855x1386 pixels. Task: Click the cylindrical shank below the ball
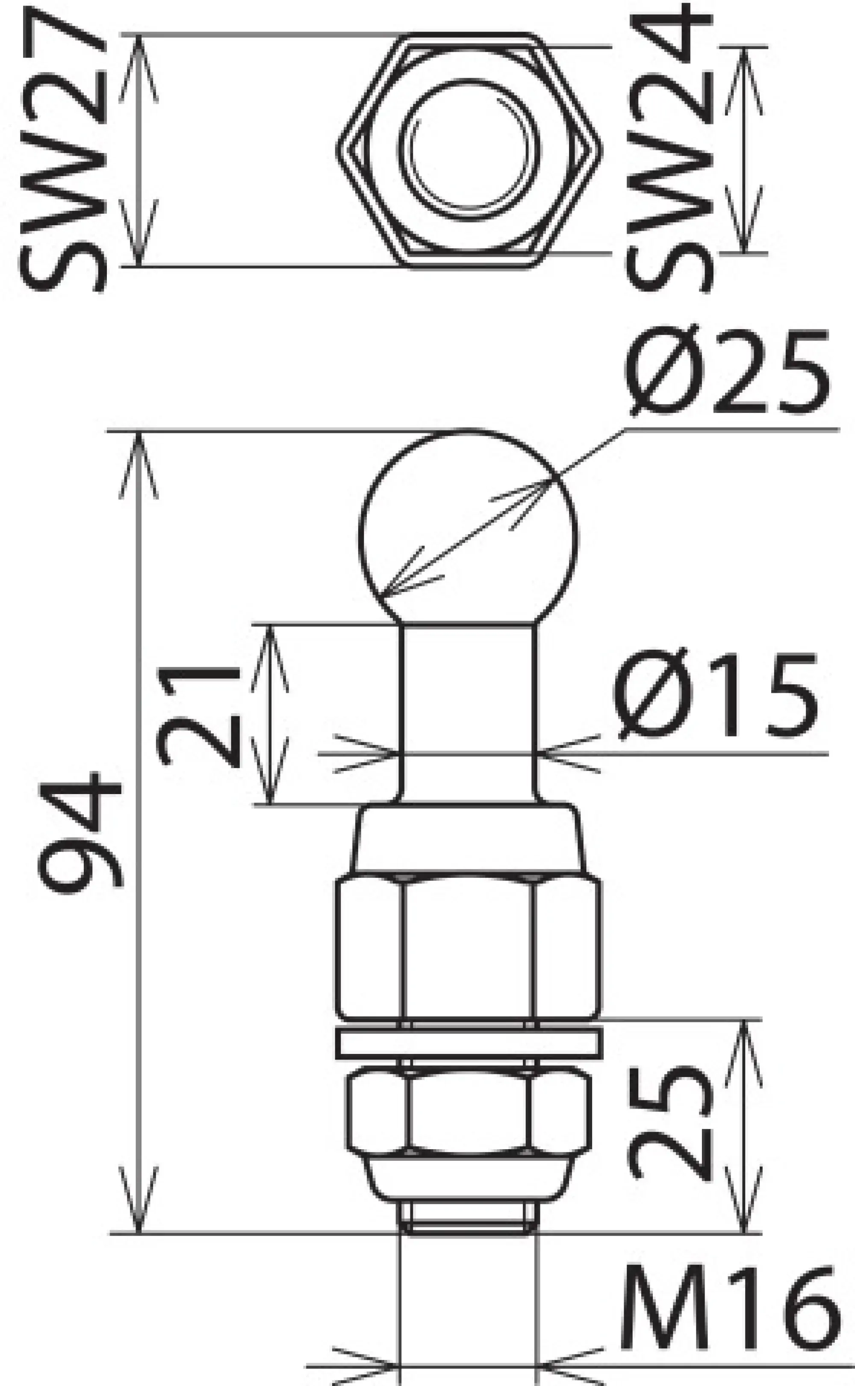[468, 712]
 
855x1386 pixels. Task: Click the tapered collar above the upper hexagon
[468, 839]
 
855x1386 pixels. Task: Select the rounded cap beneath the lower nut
[468, 1179]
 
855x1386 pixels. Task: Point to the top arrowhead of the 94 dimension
[139, 452]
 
